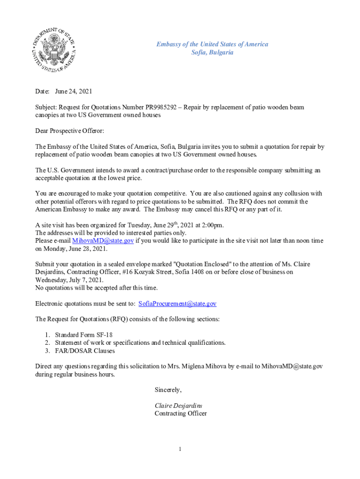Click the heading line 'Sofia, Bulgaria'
[x=212, y=52]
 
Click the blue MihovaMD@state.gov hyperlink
[x=103, y=240]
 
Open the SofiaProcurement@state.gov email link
[x=177, y=304]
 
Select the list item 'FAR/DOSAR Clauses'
[x=85, y=350]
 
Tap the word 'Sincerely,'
[x=168, y=390]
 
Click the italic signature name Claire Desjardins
[x=179, y=406]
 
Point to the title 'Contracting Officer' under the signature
[x=180, y=414]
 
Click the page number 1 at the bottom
[x=180, y=450]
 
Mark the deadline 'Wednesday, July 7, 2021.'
[x=69, y=280]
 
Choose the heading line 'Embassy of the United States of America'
[x=212, y=44]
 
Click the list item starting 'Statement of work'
[x=140, y=342]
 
